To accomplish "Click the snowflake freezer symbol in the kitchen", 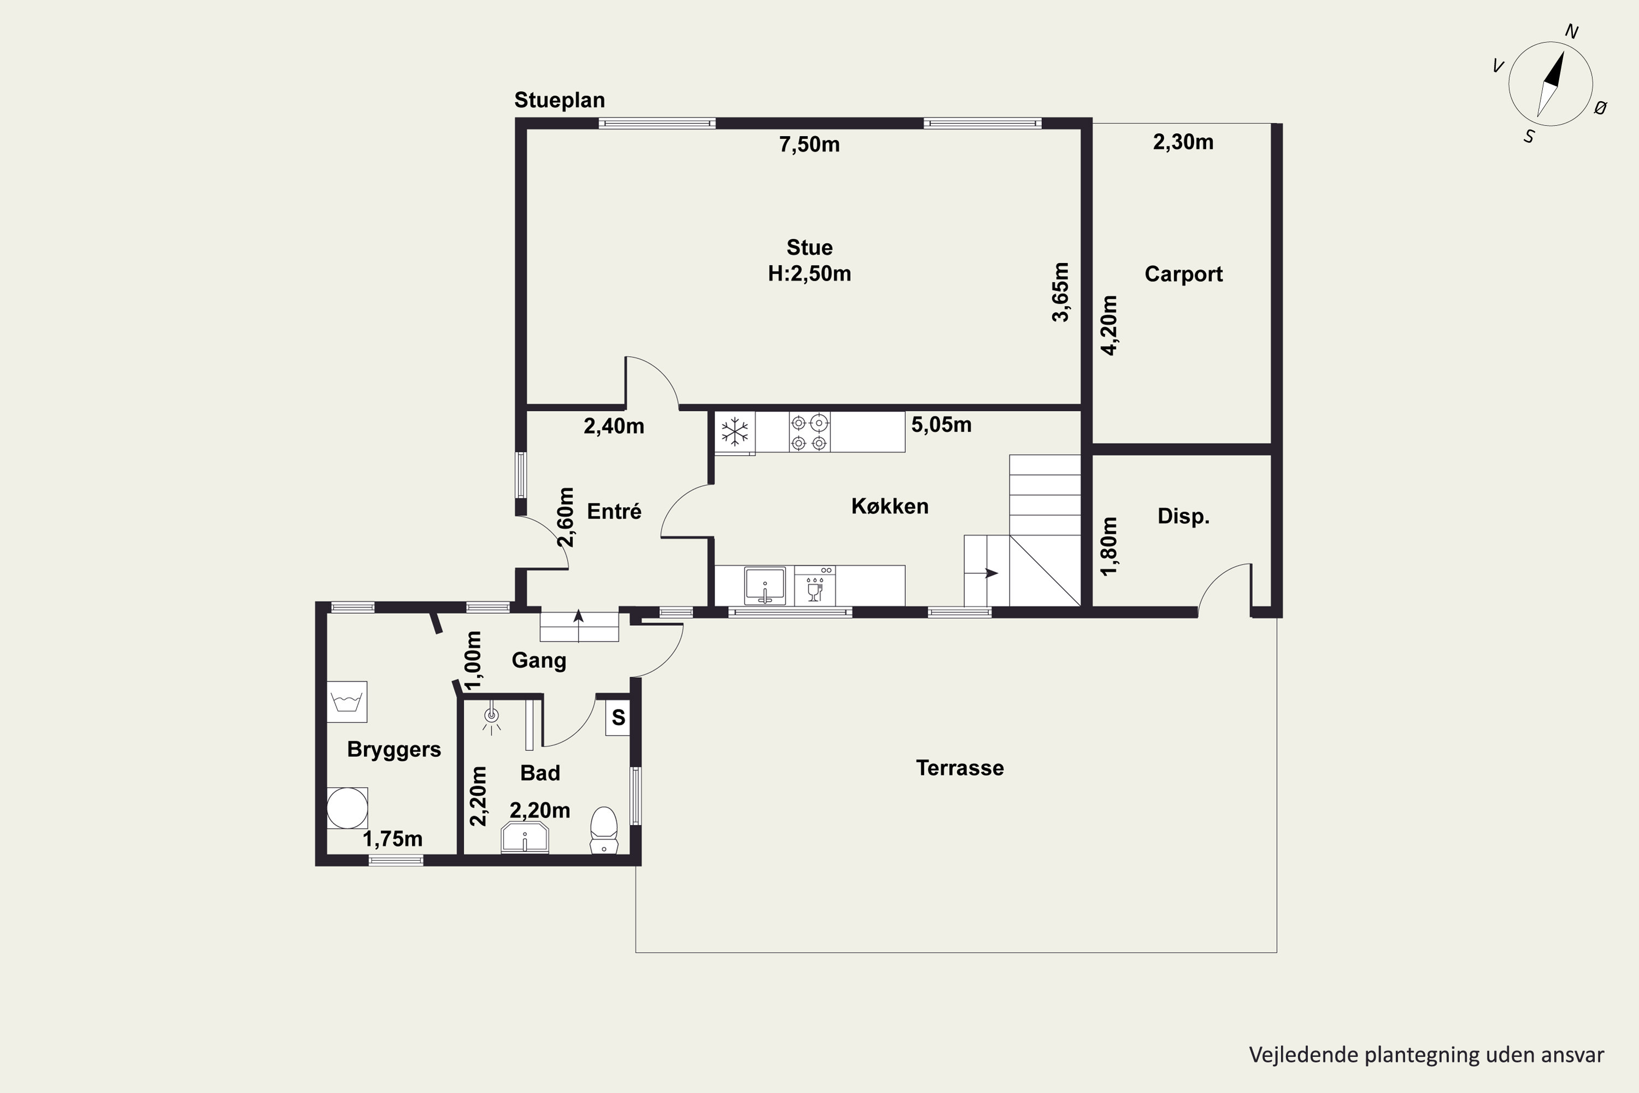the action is pos(734,432).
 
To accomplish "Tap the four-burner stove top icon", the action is pos(810,432).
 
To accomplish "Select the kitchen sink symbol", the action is pos(764,585).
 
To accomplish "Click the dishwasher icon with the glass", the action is pos(815,585).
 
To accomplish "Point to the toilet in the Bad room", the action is pos(604,830).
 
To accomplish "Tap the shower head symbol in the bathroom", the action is pos(492,718).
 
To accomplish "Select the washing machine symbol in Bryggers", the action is pos(347,701).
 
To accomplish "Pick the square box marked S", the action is pos(618,717).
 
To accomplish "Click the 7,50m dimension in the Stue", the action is pos(809,144).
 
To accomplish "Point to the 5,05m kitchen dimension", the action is pos(941,425).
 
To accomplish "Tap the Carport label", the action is pos(1183,274).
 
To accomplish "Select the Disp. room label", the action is pos(1183,516).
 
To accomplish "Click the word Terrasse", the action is pos(959,768).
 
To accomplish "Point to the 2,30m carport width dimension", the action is pos(1183,142).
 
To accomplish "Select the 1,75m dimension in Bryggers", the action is pos(392,838).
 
